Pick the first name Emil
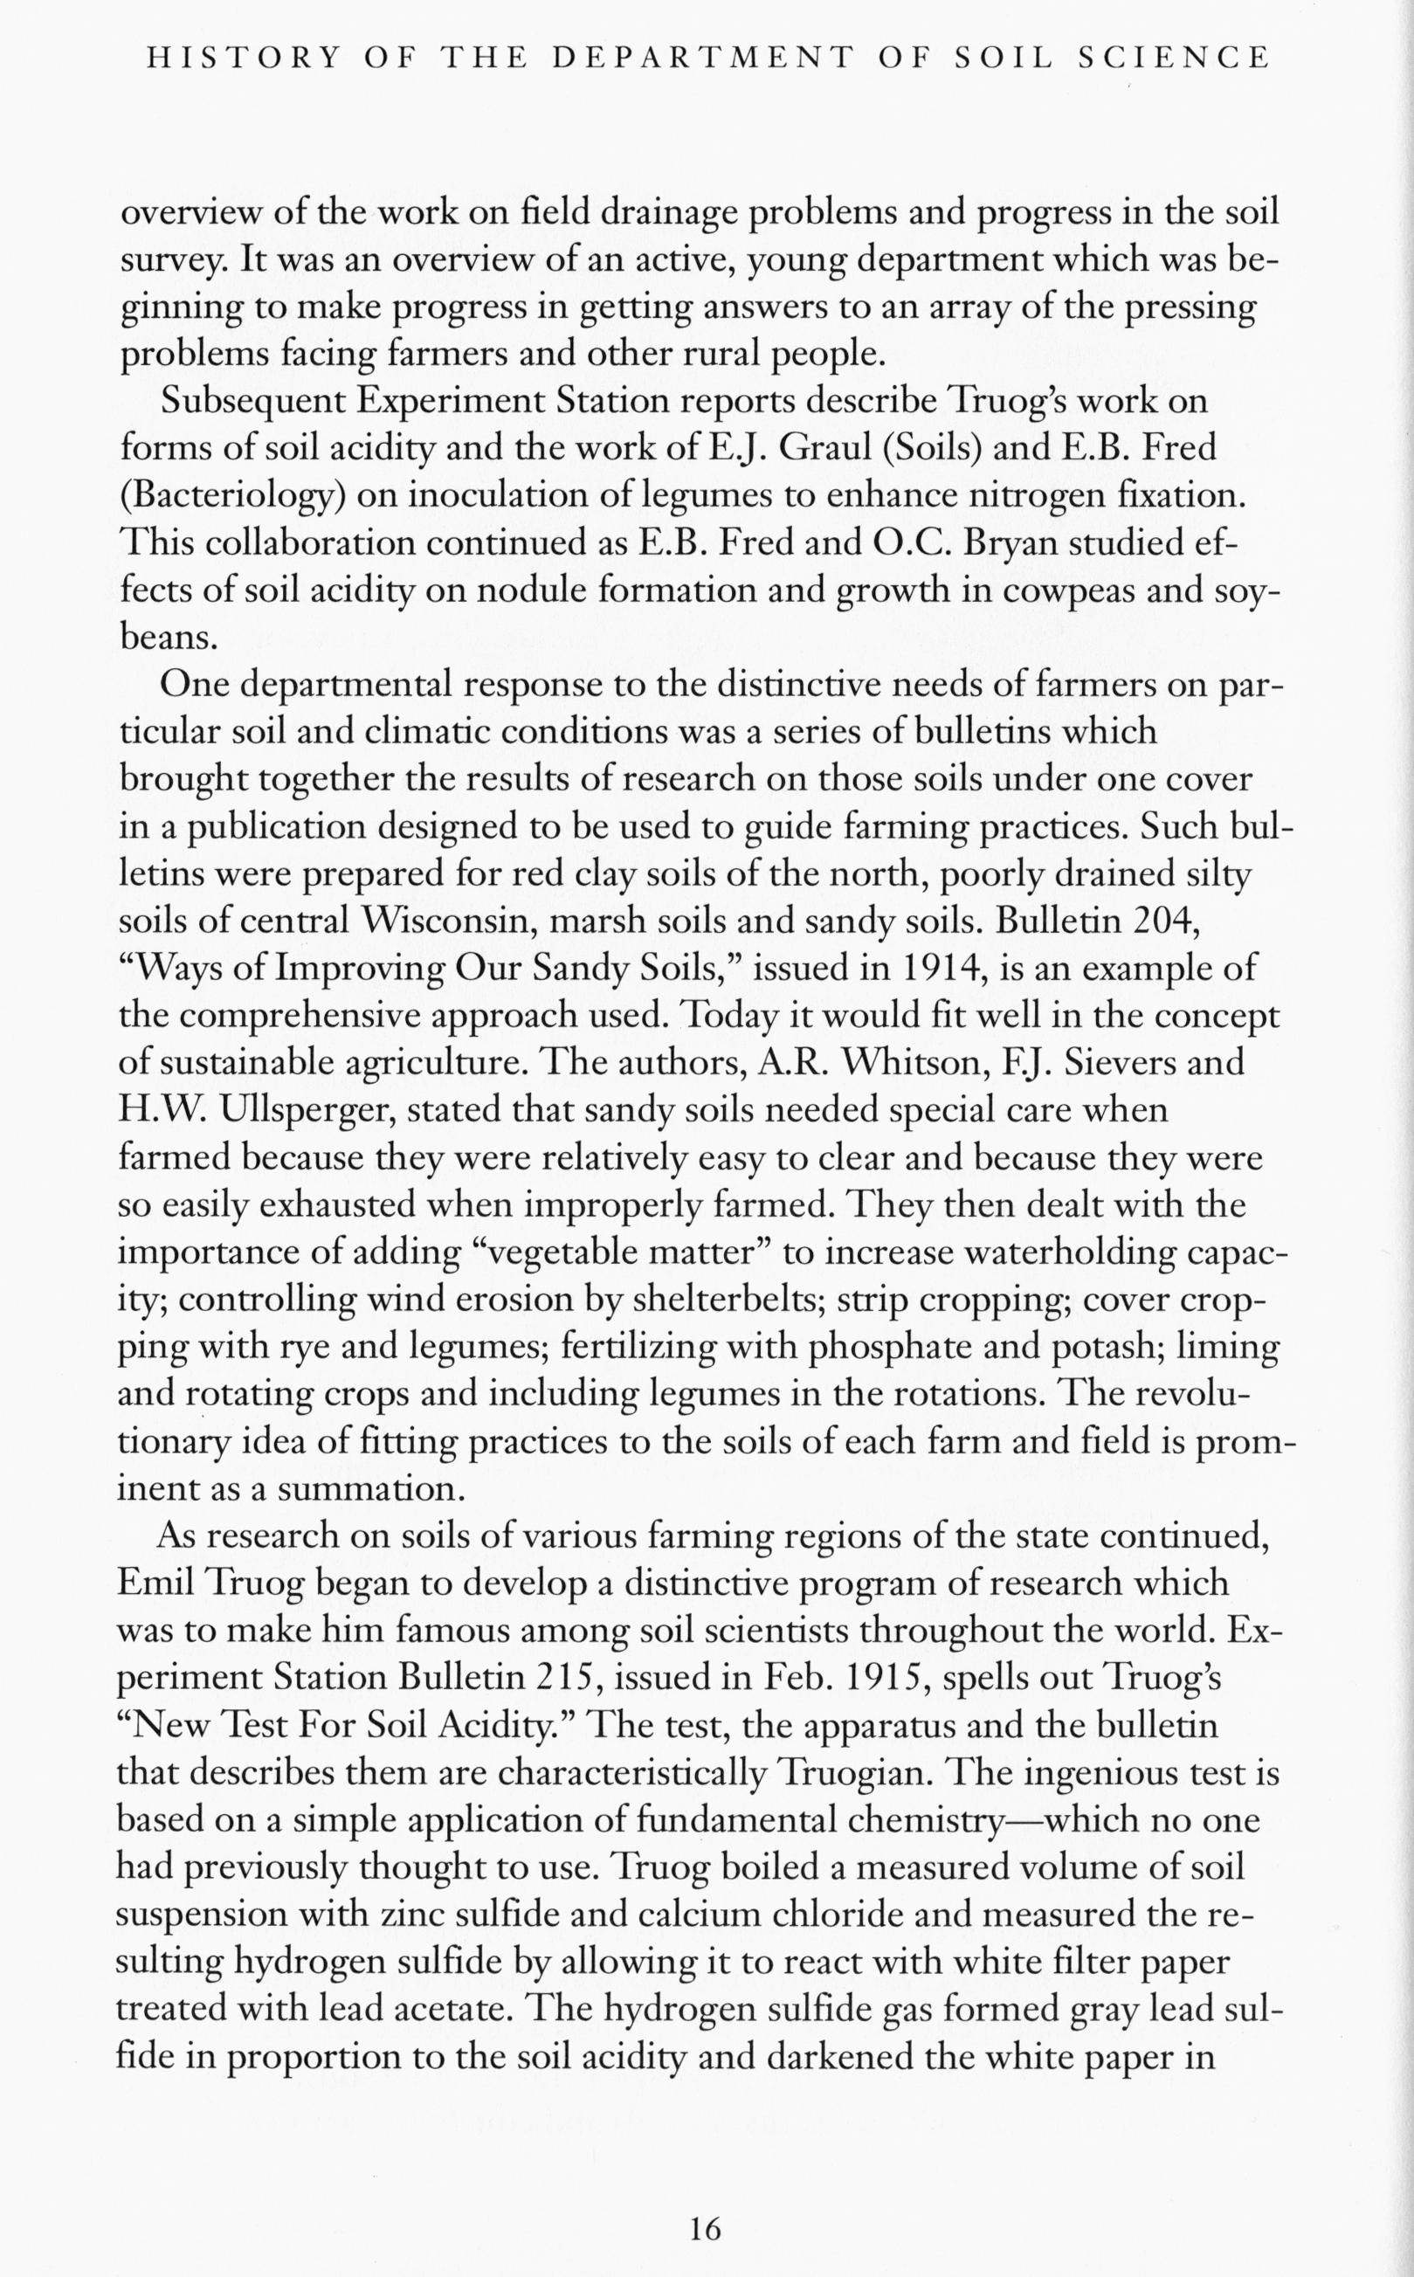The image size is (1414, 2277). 155,1584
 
